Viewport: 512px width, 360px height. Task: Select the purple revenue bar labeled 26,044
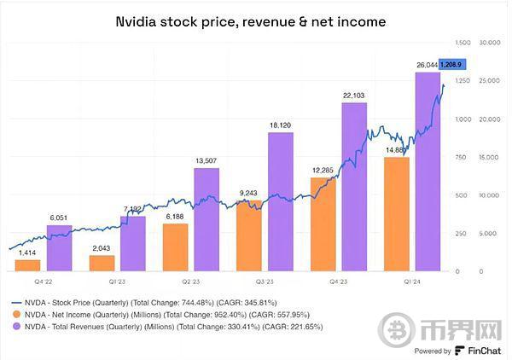click(428, 171)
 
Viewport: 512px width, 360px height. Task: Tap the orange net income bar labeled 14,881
click(396, 213)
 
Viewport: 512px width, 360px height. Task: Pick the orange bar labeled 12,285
click(323, 224)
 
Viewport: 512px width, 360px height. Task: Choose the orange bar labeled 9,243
click(249, 235)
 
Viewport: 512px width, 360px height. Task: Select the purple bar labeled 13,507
click(207, 219)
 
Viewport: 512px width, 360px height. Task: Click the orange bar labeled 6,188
click(175, 247)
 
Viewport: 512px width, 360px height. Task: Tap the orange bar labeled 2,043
click(102, 263)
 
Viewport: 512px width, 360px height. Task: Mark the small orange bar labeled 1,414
click(27, 265)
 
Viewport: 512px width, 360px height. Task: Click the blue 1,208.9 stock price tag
click(451, 65)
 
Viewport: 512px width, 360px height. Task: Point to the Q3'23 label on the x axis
click(265, 281)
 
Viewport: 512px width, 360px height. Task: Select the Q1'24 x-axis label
click(412, 281)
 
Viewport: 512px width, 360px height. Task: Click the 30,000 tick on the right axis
click(489, 42)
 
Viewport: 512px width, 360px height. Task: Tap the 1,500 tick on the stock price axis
click(463, 42)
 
